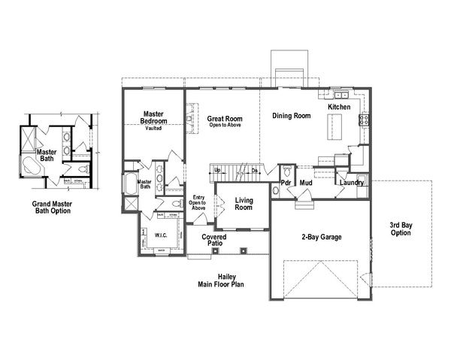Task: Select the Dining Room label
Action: pyautogui.click(x=291, y=116)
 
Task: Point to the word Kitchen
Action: pyautogui.click(x=340, y=108)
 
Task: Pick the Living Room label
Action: pyautogui.click(x=243, y=204)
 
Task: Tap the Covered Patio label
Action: pyautogui.click(x=214, y=241)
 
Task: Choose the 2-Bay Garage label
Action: pyautogui.click(x=322, y=237)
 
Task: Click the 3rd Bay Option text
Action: pyautogui.click(x=401, y=229)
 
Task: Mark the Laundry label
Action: pyautogui.click(x=351, y=183)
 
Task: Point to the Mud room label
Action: pyautogui.click(x=306, y=183)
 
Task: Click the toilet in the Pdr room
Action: pyautogui.click(x=275, y=192)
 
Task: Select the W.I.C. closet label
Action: pyautogui.click(x=160, y=235)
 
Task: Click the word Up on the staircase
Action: pyautogui.click(x=218, y=170)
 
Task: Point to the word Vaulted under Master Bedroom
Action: pyautogui.click(x=154, y=128)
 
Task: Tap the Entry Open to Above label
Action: pyautogui.click(x=198, y=201)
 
